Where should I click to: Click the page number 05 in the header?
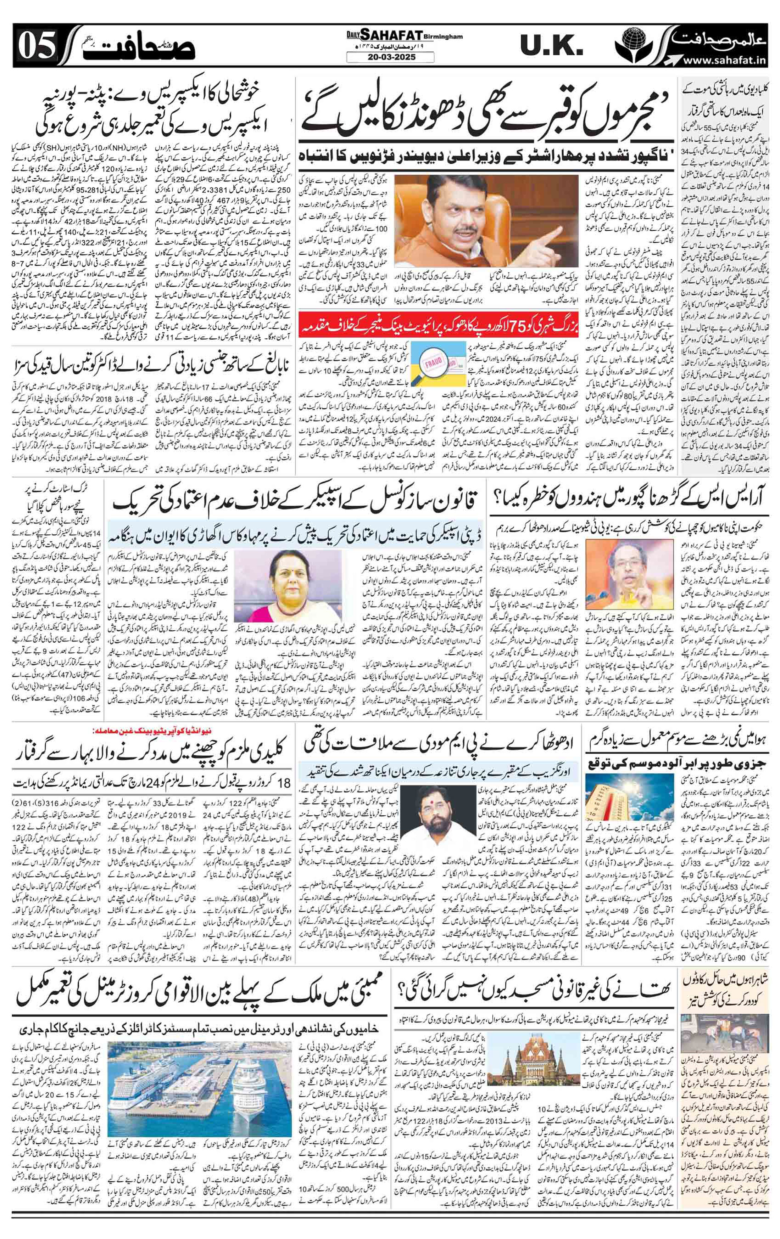(37, 49)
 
